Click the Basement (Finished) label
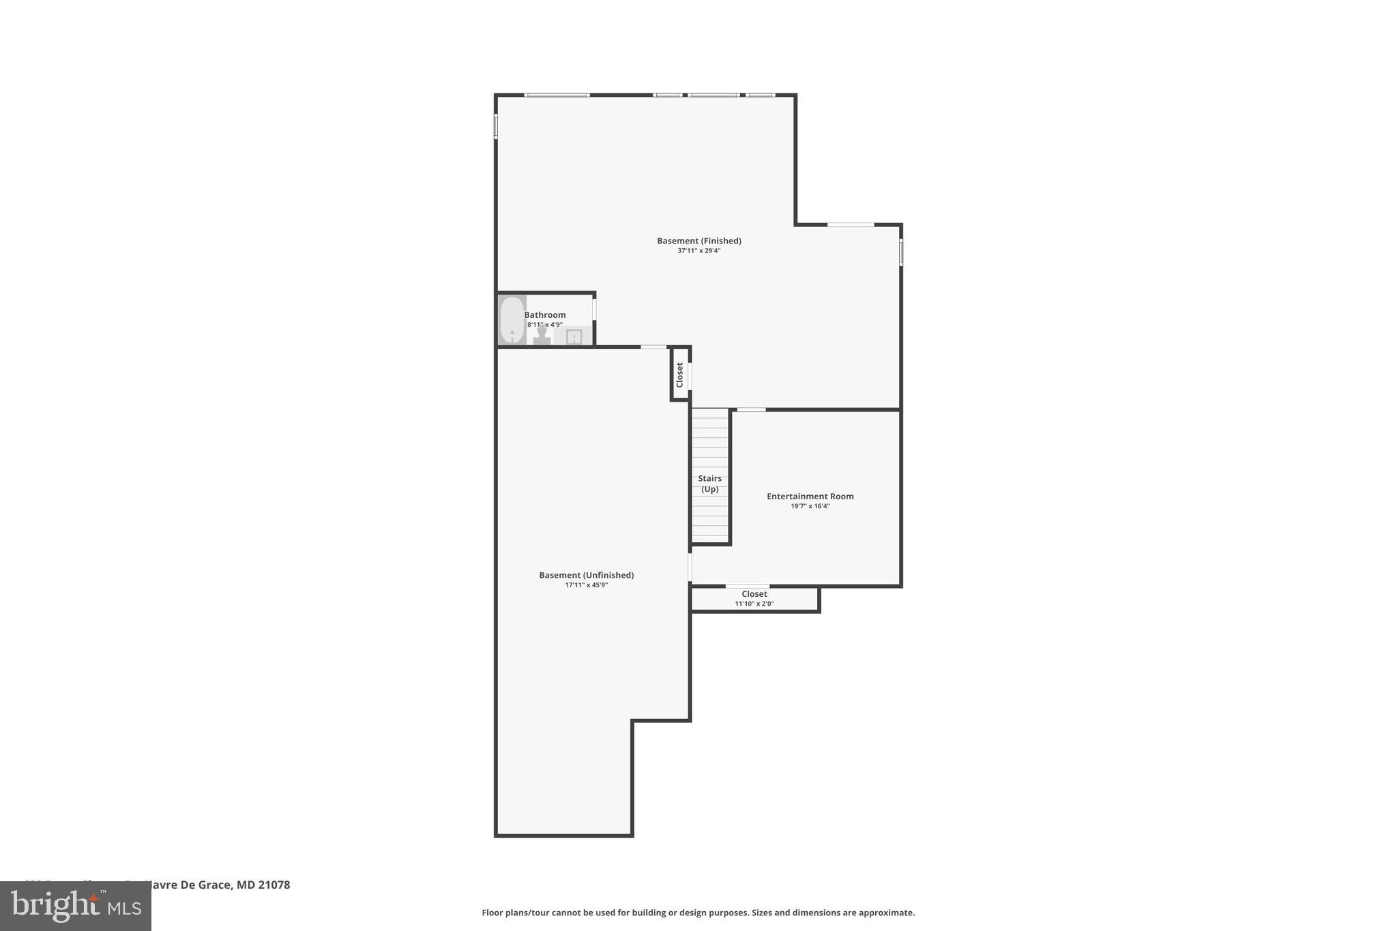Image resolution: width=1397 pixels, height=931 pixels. coord(698,241)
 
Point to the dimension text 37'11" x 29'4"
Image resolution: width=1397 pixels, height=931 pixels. coord(698,251)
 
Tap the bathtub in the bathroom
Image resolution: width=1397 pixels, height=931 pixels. coord(512,321)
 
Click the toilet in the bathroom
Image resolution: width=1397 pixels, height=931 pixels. coord(542,336)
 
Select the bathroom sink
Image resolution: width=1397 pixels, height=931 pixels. coord(574,336)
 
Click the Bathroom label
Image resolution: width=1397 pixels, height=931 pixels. coord(544,315)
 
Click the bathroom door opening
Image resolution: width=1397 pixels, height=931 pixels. coord(594,309)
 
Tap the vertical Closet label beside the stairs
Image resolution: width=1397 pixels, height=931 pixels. coord(679,374)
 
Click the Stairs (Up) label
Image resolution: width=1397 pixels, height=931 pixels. coord(709,484)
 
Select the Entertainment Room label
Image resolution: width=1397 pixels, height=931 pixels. coord(810,497)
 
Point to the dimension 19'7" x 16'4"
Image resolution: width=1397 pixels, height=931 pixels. coord(810,506)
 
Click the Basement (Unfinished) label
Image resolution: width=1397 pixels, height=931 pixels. coord(586,575)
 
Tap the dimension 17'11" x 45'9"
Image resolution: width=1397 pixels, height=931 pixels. coord(586,585)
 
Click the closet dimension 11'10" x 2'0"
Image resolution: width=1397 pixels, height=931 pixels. coord(754,604)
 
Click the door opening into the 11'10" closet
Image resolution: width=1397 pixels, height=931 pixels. coord(747,586)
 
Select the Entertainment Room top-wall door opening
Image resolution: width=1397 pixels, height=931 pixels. coord(751,409)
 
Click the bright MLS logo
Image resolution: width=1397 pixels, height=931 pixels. coord(76,906)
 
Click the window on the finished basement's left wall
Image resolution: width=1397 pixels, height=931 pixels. coord(496,126)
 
